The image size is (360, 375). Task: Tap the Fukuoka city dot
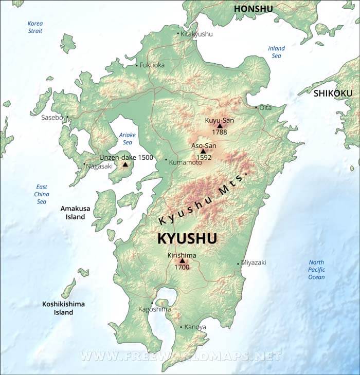[x=137, y=66]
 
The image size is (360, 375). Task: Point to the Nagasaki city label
[x=99, y=166]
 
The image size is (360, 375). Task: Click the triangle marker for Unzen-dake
[x=125, y=164]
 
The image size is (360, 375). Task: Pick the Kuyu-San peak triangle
[x=220, y=125]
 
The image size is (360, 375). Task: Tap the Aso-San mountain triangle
[x=203, y=151]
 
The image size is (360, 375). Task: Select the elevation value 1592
[x=203, y=158]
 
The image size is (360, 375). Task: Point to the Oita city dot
[x=257, y=107]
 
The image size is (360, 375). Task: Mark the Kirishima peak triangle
[x=182, y=260]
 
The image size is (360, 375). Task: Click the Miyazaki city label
[x=254, y=262]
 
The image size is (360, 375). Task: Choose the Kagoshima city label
[x=154, y=309]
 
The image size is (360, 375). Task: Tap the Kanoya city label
[x=195, y=327]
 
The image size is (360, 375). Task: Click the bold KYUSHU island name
[x=187, y=239]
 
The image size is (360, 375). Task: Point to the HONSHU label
[x=253, y=9]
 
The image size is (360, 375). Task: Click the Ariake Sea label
[x=126, y=139]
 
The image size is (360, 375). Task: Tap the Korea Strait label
[x=35, y=27]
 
